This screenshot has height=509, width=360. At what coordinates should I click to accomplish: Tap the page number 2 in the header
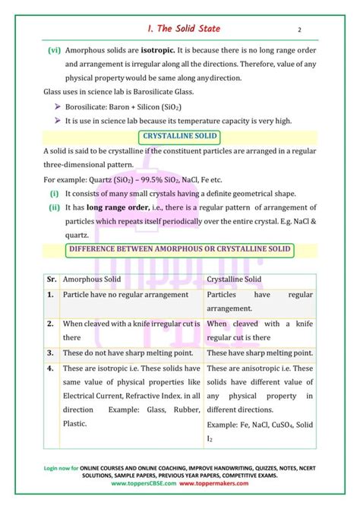pyautogui.click(x=300, y=30)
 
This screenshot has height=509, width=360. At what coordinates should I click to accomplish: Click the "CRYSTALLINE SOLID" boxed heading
pyautogui.click(x=180, y=137)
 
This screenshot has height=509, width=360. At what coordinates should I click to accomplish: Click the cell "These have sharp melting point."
pyautogui.click(x=259, y=353)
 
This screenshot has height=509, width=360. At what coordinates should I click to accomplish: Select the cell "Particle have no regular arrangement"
pyautogui.click(x=125, y=294)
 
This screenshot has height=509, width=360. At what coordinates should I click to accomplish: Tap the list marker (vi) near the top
pyautogui.click(x=54, y=50)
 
